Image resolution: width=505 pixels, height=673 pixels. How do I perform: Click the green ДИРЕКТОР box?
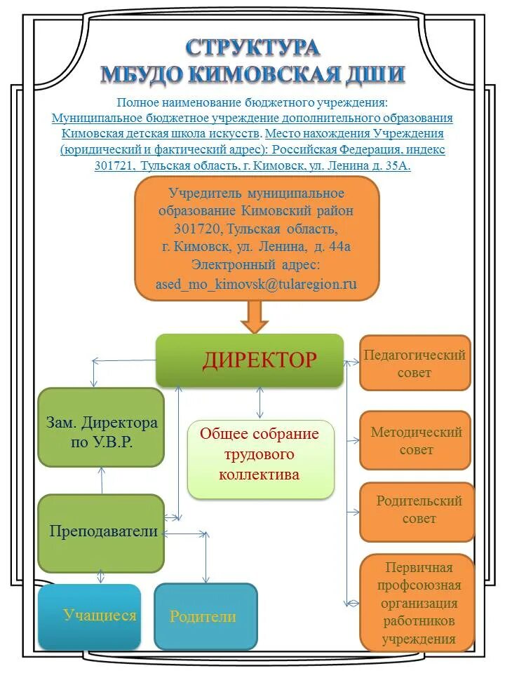coord(249,360)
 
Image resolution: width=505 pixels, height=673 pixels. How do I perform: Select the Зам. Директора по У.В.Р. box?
coord(101,427)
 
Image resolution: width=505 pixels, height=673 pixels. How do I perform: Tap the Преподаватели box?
coord(101,532)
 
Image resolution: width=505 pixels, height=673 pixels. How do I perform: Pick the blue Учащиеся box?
coord(90,616)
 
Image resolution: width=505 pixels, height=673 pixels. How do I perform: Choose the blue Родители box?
coord(206,616)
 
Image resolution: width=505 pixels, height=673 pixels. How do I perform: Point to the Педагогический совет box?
coord(415,362)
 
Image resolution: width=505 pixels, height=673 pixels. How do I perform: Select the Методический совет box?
coord(415,440)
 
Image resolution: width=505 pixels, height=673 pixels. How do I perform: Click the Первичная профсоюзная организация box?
coord(417,602)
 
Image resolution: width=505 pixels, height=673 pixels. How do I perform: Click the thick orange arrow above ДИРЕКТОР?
coord(255,317)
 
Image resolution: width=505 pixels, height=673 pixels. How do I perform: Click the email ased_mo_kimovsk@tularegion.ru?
coord(256,283)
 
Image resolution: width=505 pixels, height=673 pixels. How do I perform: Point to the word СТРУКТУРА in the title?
coord(253,48)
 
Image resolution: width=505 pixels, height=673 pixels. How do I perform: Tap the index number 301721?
coord(115,166)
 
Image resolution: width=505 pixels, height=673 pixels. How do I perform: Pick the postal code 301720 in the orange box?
coord(198,229)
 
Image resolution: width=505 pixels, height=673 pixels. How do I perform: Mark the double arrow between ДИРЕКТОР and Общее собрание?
coord(260,403)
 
